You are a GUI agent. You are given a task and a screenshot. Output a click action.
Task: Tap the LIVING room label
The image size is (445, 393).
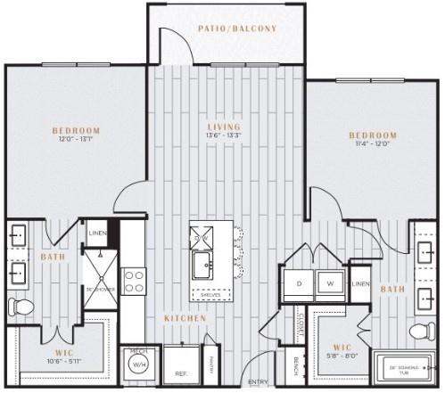pyautogui.click(x=223, y=127)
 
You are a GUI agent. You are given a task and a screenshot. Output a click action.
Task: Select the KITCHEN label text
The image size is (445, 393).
pyautogui.click(x=185, y=318)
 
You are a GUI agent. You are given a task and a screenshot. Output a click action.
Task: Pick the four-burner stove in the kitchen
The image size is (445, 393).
pyautogui.click(x=134, y=282)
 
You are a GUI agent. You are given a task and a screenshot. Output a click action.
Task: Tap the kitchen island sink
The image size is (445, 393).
pyautogui.click(x=203, y=265)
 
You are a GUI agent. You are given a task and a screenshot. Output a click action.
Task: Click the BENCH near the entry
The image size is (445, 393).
pyautogui.click(x=295, y=364)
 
